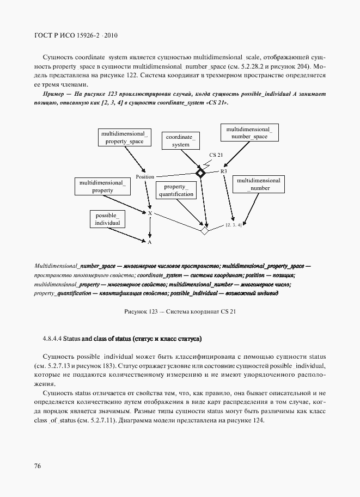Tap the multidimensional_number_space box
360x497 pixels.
[249, 133]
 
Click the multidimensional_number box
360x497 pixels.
[259, 184]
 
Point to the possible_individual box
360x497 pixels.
[107, 219]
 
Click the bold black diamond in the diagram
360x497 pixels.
[200, 173]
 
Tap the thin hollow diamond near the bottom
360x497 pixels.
[205, 230]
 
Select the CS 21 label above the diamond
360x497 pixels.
[216, 155]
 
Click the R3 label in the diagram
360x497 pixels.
[223, 171]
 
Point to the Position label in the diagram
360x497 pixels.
[145, 177]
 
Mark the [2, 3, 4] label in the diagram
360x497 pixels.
[234, 224]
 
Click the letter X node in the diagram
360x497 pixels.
[150, 213]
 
